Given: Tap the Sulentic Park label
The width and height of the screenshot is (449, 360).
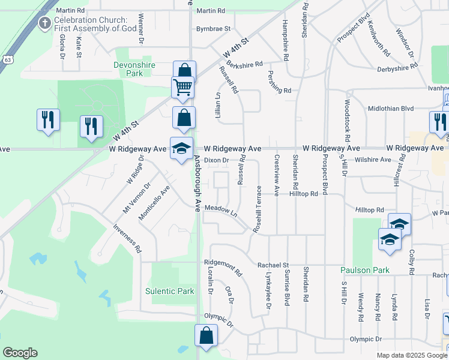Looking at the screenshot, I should click(x=170, y=291).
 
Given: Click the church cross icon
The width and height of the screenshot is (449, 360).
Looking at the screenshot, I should click(x=44, y=24).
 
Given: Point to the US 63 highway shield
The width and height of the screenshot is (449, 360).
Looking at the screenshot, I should click(x=7, y=60).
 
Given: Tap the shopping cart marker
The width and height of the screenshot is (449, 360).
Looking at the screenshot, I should click(x=182, y=88).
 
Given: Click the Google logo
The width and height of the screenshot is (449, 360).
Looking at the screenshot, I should click(x=19, y=353).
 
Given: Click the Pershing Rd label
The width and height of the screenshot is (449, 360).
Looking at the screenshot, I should click(x=279, y=90).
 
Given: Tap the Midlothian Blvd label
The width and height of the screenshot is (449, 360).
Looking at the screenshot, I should click(x=390, y=108).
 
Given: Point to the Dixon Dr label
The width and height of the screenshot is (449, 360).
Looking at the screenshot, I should click(x=216, y=160).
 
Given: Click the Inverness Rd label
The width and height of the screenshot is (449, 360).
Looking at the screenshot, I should click(x=127, y=238).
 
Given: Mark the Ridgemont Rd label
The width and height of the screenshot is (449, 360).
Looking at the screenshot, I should click(x=223, y=266).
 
